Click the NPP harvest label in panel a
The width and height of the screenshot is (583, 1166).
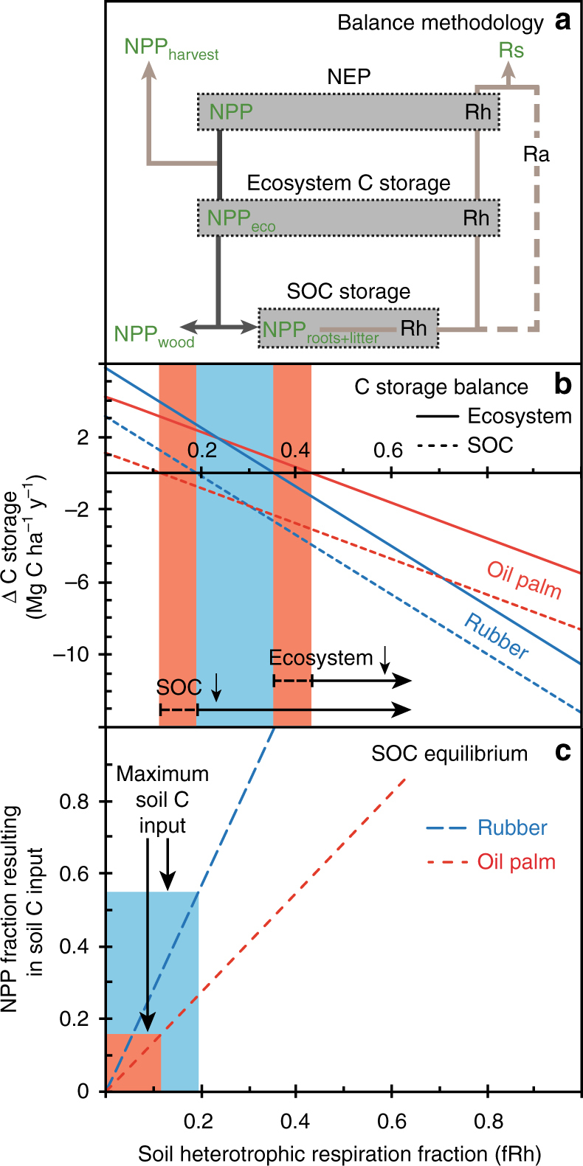[x=171, y=49]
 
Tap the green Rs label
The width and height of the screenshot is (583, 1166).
[x=511, y=50]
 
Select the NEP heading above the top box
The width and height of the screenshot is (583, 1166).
[x=348, y=77]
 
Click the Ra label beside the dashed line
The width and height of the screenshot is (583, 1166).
[x=536, y=155]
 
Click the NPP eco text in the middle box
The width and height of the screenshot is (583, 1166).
[x=241, y=219]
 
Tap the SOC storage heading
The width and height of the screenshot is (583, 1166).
[x=348, y=291]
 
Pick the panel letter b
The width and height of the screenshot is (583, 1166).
[x=562, y=384]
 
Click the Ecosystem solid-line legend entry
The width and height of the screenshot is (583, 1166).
[x=520, y=417]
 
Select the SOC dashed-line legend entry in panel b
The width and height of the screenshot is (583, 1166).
[x=490, y=445]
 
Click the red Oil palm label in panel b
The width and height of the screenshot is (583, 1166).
[x=525, y=580]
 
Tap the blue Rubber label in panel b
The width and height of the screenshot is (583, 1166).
[x=496, y=636]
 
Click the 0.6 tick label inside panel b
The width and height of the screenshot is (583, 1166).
[x=387, y=450]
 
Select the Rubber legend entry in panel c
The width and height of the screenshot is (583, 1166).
[x=512, y=827]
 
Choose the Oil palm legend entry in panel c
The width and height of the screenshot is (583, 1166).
[x=516, y=861]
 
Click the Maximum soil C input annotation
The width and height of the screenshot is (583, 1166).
[x=162, y=799]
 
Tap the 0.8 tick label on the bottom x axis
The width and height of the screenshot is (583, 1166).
[x=488, y=1122]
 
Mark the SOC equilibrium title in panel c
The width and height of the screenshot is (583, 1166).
[x=449, y=754]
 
